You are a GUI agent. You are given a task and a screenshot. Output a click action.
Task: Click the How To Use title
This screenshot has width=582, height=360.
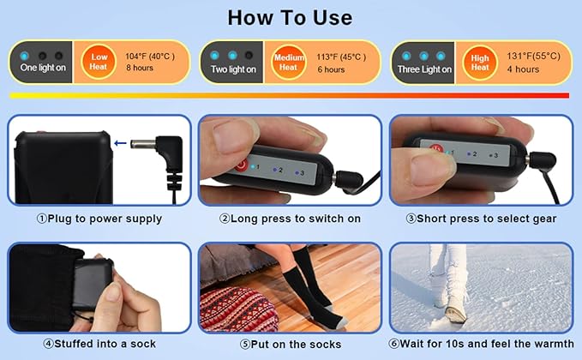click(x=290, y=17)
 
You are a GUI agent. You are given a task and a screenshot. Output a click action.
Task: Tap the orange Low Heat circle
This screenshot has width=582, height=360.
click(x=99, y=62)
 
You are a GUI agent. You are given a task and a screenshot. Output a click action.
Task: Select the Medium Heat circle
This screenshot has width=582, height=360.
click(x=289, y=62)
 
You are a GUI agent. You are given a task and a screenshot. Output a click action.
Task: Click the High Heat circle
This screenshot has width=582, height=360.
click(x=480, y=63)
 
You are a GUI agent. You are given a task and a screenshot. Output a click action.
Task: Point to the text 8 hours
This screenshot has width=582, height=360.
click(x=140, y=68)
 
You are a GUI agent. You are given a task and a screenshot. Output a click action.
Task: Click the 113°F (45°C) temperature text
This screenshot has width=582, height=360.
click(x=341, y=57)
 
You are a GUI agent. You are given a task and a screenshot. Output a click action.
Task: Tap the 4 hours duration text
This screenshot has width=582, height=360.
click(x=523, y=69)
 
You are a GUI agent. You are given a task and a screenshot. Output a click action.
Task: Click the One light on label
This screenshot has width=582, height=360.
click(x=43, y=68)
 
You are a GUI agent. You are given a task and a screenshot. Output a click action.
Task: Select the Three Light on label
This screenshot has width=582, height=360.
click(x=424, y=69)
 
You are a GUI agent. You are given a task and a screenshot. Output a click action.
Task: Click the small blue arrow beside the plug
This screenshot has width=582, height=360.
click(x=120, y=143)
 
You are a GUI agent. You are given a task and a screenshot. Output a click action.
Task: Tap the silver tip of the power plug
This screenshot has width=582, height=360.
click(x=142, y=144)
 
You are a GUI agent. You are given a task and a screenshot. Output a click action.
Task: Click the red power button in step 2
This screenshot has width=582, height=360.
click(x=241, y=165)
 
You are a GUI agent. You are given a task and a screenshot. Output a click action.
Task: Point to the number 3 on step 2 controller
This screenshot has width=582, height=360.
click(x=302, y=173)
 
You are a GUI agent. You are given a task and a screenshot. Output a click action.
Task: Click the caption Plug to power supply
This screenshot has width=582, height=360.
click(x=99, y=219)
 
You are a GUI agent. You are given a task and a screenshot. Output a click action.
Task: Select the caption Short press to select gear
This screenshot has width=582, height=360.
click(x=481, y=219)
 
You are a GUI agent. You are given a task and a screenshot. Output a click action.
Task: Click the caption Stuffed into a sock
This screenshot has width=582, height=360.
click(x=99, y=344)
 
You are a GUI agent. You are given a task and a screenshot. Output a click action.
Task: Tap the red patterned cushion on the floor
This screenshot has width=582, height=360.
click(x=237, y=310)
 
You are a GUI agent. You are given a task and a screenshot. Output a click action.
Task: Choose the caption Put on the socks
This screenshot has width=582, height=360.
click(x=291, y=345)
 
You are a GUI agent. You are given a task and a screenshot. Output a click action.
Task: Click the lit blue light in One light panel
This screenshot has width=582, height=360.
click(x=25, y=56)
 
